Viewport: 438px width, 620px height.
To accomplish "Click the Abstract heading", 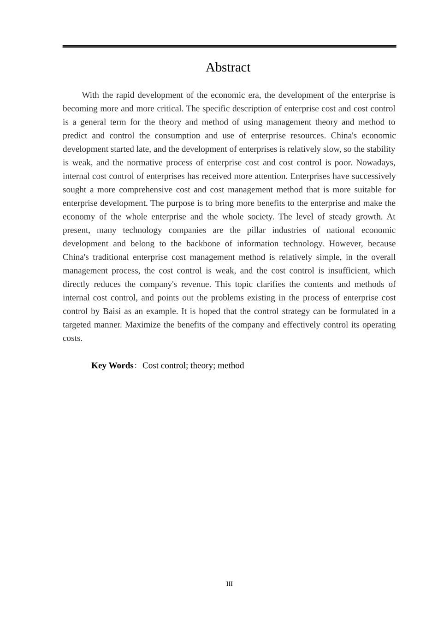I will point(228,67).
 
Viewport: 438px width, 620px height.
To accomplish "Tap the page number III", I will point(230,584).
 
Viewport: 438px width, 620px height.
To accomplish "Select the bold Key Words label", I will point(112,365).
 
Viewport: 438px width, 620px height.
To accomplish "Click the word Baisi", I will point(112,311).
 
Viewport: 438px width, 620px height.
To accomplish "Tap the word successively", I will point(373,176).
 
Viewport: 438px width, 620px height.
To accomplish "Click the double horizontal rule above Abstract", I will point(229,47).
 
